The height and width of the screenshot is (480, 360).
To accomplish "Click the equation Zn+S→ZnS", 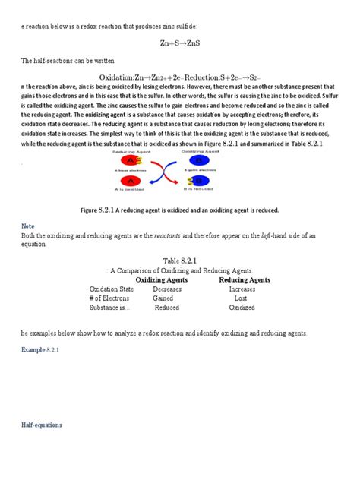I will tap(179, 43).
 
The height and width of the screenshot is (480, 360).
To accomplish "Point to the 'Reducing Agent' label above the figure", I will tap(130, 152).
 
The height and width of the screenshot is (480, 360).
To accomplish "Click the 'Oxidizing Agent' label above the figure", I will tap(200, 152).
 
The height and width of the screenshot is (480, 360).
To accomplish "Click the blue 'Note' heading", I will tap(28, 226).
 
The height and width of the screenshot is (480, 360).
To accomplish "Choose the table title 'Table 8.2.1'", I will tap(179, 261).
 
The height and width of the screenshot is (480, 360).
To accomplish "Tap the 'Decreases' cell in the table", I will tap(167, 289).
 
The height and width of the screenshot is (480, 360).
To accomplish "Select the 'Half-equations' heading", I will tap(41, 425).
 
